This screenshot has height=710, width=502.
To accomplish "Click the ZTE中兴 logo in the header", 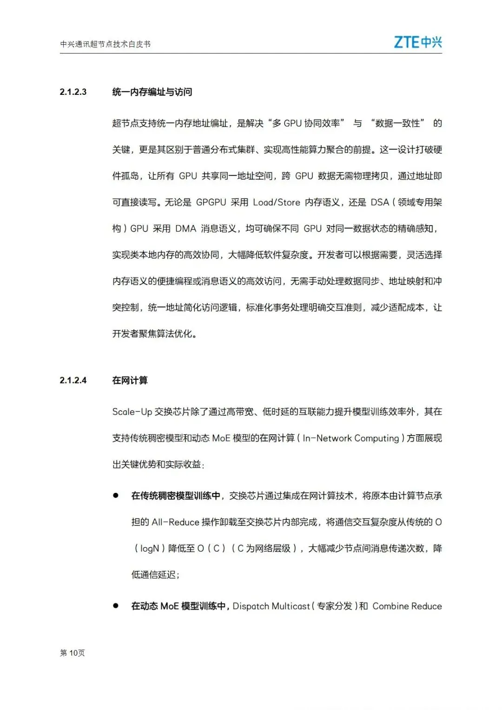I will [417, 42].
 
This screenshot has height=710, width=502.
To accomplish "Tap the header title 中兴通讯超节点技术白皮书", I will [106, 44].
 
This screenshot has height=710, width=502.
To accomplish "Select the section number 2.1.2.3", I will [73, 92].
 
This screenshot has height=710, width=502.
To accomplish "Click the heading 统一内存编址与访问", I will [152, 92].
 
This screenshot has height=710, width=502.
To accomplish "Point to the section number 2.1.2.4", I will [73, 380].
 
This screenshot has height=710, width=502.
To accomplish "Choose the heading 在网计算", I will [130, 380].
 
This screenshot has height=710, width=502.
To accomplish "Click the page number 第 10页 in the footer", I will [73, 653].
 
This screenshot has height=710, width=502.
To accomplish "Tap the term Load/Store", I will [277, 202].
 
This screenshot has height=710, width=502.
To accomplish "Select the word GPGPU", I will [211, 202].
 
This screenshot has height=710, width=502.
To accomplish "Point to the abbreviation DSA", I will [380, 202].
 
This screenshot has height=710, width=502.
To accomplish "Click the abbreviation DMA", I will [186, 229].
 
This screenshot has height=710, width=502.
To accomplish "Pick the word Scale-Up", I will [132, 412].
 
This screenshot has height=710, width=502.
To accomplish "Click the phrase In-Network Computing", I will [351, 438].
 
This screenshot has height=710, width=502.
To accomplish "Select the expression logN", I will [150, 549].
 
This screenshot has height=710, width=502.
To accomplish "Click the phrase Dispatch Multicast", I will [271, 606].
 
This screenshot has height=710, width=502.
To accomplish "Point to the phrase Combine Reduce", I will [407, 606].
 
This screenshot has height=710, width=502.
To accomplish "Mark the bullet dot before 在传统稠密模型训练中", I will [116, 496].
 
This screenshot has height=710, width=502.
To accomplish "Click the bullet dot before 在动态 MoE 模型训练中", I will [116, 606].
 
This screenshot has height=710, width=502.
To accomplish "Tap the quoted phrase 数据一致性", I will [398, 123].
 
